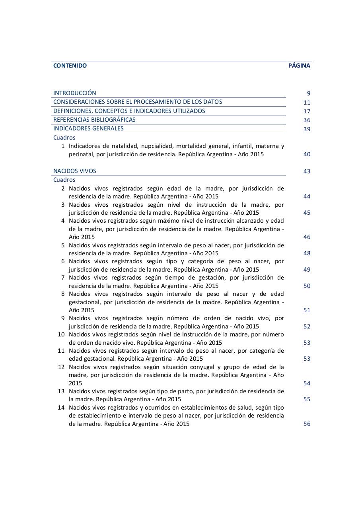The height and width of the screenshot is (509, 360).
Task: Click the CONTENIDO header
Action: [x=70, y=66]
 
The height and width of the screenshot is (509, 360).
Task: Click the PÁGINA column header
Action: [x=299, y=66]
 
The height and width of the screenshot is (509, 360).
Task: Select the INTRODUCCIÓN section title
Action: [x=75, y=93]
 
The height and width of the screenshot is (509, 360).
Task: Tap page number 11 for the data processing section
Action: [x=307, y=102]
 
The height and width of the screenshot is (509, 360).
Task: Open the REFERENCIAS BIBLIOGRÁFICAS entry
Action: [x=94, y=120]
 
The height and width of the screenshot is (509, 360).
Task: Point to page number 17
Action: [x=307, y=111]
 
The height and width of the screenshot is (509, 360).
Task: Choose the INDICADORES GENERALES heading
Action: [x=88, y=128]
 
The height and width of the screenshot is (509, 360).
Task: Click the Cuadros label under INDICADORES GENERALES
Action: [x=64, y=138]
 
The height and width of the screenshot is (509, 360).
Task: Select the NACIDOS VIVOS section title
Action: [x=75, y=171]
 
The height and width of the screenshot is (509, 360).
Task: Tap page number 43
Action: [x=307, y=171]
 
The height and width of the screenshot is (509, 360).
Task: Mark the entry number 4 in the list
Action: [x=63, y=221]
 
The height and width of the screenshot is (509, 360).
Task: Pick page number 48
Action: [x=307, y=253]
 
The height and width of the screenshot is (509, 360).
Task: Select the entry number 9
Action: [x=63, y=318]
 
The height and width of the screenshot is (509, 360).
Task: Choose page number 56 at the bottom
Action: [x=307, y=424]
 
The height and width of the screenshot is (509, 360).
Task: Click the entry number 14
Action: [x=61, y=408]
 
